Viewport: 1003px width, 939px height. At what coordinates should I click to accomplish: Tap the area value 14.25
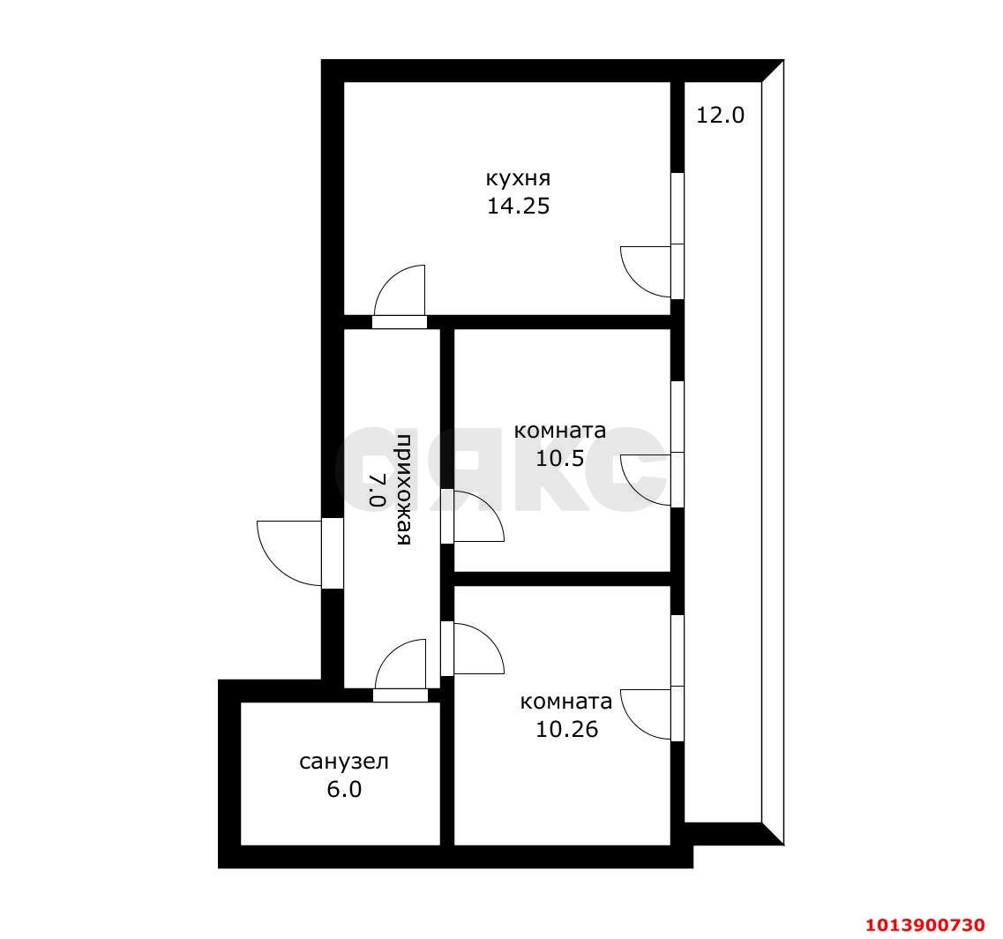click(x=518, y=207)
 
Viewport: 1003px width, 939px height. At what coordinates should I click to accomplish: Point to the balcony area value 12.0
click(x=721, y=115)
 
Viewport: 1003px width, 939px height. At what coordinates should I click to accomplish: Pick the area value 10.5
click(x=559, y=458)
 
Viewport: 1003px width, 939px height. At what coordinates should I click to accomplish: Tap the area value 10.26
click(x=566, y=729)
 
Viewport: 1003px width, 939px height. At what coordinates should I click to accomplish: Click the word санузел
click(x=344, y=762)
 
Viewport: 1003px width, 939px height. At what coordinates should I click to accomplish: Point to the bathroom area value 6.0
click(x=344, y=789)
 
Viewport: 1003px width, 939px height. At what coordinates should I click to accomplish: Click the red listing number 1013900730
click(x=924, y=924)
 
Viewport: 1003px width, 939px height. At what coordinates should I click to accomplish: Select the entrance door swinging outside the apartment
click(x=289, y=553)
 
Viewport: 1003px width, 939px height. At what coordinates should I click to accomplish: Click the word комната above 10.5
click(x=559, y=431)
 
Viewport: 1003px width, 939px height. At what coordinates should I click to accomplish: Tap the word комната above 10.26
click(x=566, y=702)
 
